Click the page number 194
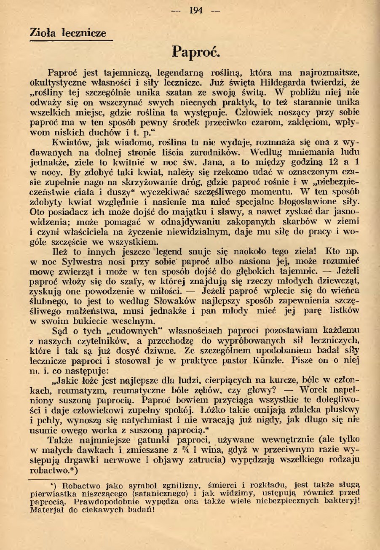pos(196,11)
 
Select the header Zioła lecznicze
pos(68,33)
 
